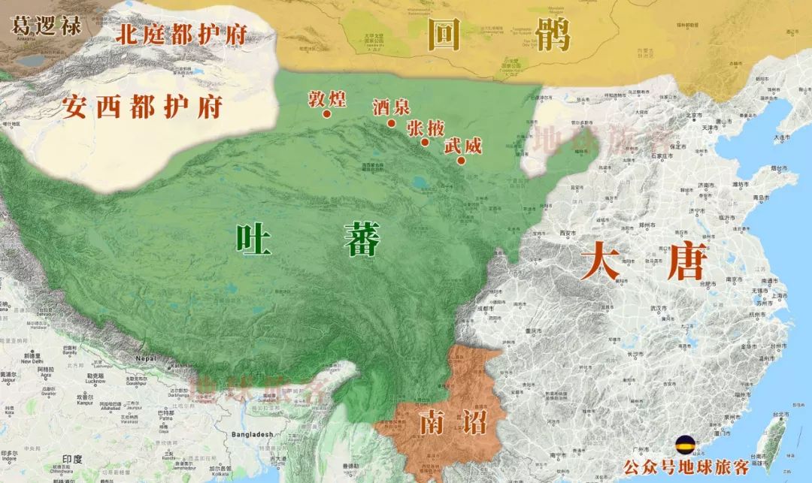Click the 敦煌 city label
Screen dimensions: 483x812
pos(327,98)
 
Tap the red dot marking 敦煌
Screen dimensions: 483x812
pos(327,114)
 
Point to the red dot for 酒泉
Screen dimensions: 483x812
pos(392,123)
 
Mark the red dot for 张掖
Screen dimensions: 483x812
pos(425,142)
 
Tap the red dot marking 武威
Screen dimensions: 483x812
pos(461,160)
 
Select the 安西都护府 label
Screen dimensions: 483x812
pos(142,107)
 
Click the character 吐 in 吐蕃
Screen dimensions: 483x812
pos(253,240)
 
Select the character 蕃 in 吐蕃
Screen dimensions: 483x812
pos(362,240)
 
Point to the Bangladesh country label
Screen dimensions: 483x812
pos(252,434)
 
